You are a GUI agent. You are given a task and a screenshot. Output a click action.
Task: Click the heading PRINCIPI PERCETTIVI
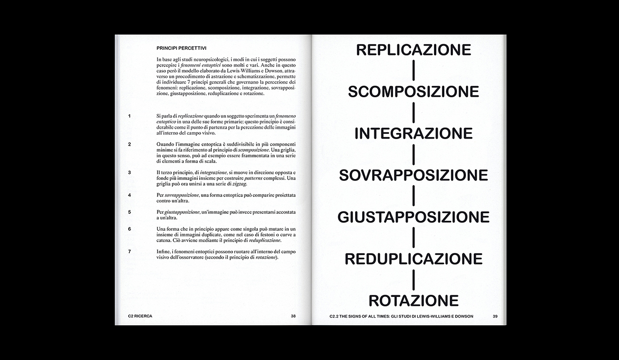(x=181, y=48)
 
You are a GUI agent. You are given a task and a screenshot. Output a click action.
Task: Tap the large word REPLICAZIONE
(x=413, y=49)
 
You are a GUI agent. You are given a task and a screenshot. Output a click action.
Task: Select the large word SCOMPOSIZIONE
(x=413, y=91)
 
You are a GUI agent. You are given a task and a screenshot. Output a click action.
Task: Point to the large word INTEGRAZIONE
(x=413, y=133)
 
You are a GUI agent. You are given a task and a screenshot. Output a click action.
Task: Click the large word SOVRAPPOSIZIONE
(x=413, y=175)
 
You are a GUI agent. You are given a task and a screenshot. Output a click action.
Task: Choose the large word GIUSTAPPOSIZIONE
(x=413, y=217)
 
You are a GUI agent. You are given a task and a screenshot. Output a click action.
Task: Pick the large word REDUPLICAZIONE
(x=413, y=258)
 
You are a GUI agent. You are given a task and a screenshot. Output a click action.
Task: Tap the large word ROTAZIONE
(x=413, y=300)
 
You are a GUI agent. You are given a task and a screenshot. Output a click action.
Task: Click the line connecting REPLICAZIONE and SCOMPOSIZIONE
(x=413, y=70)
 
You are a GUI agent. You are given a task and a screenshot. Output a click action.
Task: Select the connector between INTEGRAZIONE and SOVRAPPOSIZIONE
(x=413, y=154)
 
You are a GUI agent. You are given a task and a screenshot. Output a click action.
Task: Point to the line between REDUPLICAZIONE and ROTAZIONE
(x=413, y=279)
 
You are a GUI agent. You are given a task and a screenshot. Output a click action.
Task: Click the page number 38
(x=293, y=316)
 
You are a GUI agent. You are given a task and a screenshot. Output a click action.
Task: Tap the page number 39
(x=495, y=316)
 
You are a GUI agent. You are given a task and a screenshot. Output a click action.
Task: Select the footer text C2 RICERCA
(x=140, y=316)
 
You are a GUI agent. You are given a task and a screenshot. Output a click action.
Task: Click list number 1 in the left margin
(x=130, y=116)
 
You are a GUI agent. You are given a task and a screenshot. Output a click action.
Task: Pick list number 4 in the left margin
(x=130, y=195)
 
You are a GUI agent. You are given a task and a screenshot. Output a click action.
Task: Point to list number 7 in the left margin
(x=130, y=251)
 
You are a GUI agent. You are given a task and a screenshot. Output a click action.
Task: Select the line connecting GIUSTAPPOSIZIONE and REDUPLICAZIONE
(x=413, y=237)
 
